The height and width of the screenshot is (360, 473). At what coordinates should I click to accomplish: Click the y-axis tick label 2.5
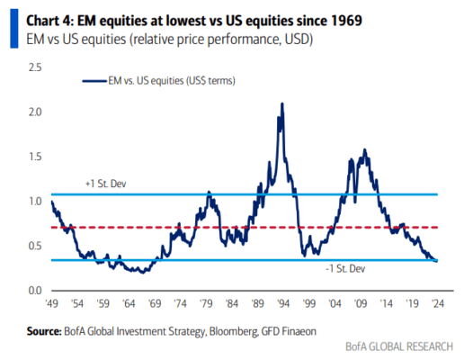pos(35,67)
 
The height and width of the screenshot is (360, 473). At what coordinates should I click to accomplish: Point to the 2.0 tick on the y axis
pos(35,112)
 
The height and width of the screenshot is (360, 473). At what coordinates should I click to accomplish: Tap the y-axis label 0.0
pos(35,291)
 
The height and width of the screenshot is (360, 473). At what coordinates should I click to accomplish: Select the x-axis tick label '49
pos(51,303)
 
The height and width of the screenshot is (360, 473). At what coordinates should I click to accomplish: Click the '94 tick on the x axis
pos(283,303)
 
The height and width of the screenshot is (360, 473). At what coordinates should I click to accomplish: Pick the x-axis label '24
pos(438,303)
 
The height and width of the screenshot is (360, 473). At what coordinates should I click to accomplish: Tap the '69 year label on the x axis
pos(155,303)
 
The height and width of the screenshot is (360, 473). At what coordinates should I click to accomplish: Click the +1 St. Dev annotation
pos(105,184)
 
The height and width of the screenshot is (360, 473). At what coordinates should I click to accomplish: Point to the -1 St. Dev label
pos(345,268)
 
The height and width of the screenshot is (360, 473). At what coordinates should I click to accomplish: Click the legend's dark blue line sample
pos(94,81)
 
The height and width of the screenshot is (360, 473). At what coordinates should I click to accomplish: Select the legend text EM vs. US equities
pos(146,81)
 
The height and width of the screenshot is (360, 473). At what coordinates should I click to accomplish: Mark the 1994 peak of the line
pos(282,103)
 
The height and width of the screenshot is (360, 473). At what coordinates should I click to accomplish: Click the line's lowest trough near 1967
pos(143,273)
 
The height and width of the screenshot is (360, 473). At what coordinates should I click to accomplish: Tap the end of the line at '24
pos(437,261)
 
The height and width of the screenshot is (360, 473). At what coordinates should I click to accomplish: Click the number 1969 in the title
pos(345,21)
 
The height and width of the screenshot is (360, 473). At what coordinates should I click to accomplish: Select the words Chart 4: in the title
pos(50,21)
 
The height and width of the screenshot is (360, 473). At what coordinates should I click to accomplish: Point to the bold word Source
pos(44,331)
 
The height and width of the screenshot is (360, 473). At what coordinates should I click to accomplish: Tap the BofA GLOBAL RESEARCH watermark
pos(399,346)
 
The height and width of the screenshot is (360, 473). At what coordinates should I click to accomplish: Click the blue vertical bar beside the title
pos(14,29)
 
